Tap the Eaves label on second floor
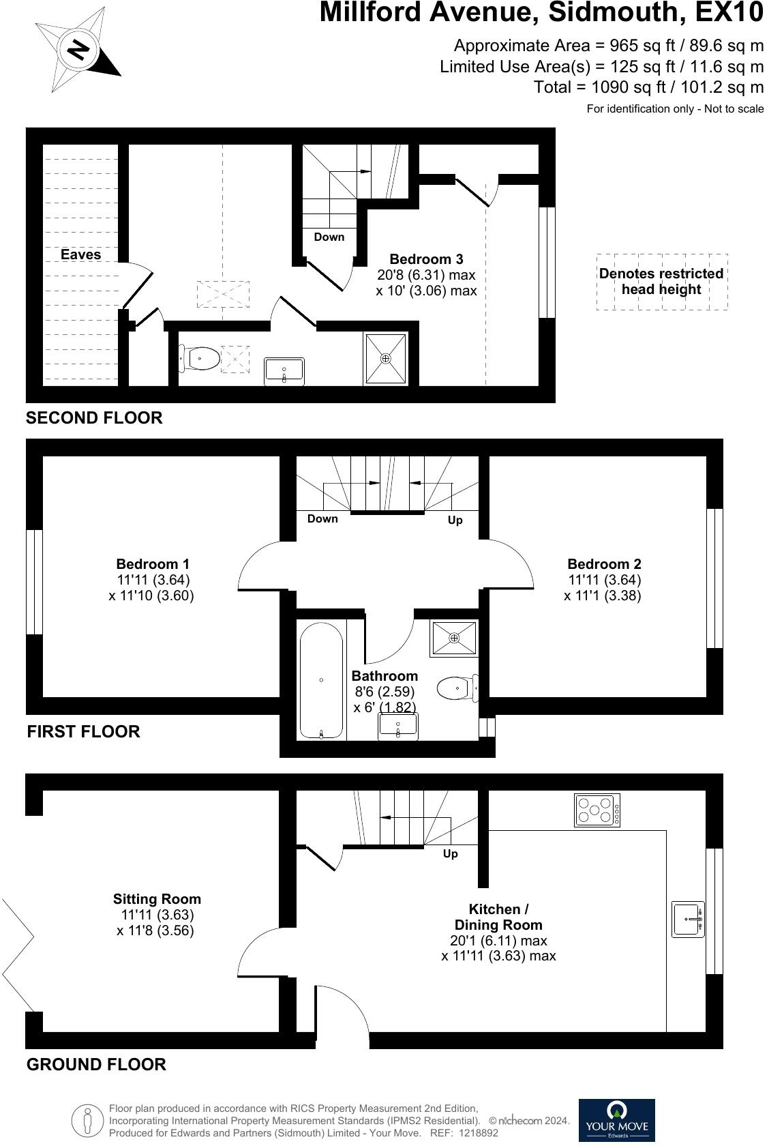(80, 254)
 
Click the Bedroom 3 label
(426, 259)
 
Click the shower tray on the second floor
(386, 358)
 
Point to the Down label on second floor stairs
(329, 237)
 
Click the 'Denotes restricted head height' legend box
(661, 282)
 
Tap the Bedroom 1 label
(153, 564)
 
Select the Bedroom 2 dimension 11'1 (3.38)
(603, 596)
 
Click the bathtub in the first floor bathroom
(321, 680)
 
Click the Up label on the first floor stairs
(455, 520)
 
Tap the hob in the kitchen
(597, 810)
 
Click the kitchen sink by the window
(688, 919)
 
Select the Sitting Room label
(157, 899)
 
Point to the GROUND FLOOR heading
(96, 1064)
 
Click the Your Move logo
(616, 1119)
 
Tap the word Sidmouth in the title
(600, 12)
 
